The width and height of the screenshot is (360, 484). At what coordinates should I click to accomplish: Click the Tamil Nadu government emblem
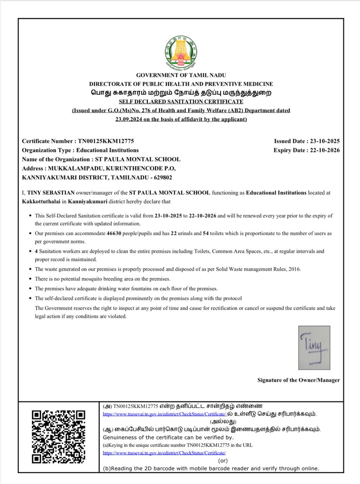tap(181, 53)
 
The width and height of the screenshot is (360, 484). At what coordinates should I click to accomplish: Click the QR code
tap(58, 437)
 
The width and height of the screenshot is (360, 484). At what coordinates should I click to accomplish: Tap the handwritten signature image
tap(314, 347)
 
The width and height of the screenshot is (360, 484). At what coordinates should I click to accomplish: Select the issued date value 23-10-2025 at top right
tap(325, 141)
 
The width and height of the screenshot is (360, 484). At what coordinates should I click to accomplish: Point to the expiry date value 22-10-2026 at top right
tap(325, 150)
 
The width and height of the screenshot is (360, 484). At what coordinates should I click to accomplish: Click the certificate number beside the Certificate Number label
tap(106, 141)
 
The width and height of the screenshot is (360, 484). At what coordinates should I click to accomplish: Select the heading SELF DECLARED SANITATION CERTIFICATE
tap(181, 101)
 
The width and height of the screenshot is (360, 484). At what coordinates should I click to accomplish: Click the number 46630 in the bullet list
tap(114, 233)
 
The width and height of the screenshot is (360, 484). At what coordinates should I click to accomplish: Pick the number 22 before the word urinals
tap(174, 233)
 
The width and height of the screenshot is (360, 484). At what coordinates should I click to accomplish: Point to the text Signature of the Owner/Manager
tap(298, 380)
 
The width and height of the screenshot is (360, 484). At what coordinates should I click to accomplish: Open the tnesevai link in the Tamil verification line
tap(164, 414)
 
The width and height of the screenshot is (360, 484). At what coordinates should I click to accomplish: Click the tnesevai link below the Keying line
tap(164, 453)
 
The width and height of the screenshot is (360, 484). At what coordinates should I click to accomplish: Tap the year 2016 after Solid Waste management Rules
tap(294, 269)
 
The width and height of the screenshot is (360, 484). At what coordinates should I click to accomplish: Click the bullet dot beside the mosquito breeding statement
tap(30, 279)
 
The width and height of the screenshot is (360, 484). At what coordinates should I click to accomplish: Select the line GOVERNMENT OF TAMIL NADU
tap(181, 75)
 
